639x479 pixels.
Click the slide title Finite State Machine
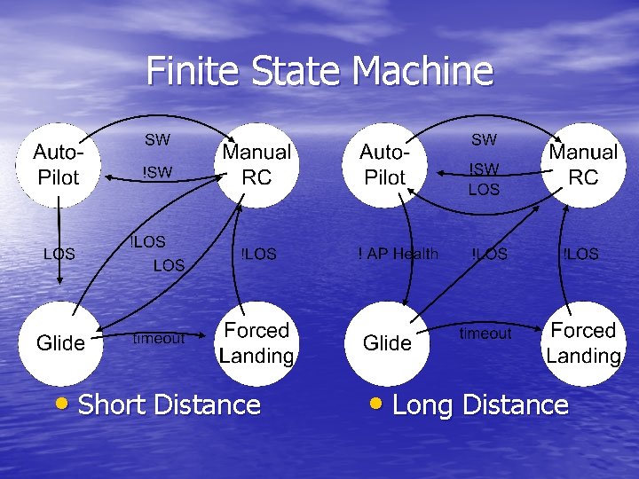coord(319,71)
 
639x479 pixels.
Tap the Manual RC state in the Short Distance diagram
coord(256,165)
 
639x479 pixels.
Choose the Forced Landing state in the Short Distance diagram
coord(256,343)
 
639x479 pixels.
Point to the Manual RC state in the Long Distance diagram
coord(583,165)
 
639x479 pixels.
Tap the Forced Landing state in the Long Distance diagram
coord(583,343)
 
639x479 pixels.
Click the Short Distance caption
coord(170,405)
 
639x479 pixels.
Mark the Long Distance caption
coord(480,405)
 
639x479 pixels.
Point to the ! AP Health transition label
coord(398,254)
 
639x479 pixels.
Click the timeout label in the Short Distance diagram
coord(159,338)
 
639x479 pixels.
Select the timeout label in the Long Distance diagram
coord(485,334)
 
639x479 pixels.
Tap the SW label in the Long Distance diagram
coord(484,139)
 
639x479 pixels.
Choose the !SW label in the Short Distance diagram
coord(158,172)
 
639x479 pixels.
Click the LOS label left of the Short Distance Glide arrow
coord(59,254)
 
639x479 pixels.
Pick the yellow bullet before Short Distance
coord(61,404)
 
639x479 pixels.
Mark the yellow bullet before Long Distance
coord(376,404)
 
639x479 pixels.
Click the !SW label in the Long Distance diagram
coord(485,169)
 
